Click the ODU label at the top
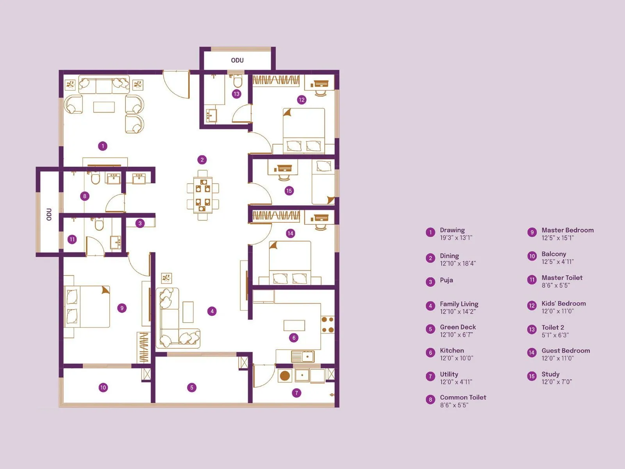click(x=237, y=60)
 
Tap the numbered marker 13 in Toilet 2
click(x=236, y=94)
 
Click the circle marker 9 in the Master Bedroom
click(x=122, y=308)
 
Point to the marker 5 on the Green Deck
click(x=191, y=387)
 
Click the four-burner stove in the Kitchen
click(x=327, y=325)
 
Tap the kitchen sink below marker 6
click(x=303, y=356)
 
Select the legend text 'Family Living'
click(x=459, y=304)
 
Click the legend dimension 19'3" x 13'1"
click(x=456, y=238)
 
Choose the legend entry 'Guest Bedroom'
click(x=565, y=351)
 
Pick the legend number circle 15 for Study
click(x=532, y=376)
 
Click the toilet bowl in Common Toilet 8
click(x=95, y=179)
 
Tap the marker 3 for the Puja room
click(x=140, y=223)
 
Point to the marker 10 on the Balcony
click(x=103, y=387)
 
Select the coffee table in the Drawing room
click(x=104, y=107)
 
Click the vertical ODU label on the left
click(x=49, y=214)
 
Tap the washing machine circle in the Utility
click(x=285, y=376)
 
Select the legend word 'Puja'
click(x=446, y=280)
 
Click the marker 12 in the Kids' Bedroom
click(x=302, y=100)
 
